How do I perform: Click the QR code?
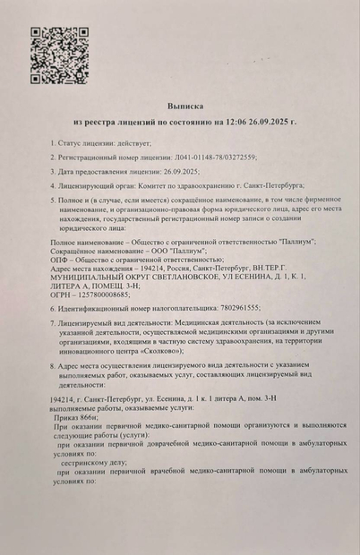pos(60,55)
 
